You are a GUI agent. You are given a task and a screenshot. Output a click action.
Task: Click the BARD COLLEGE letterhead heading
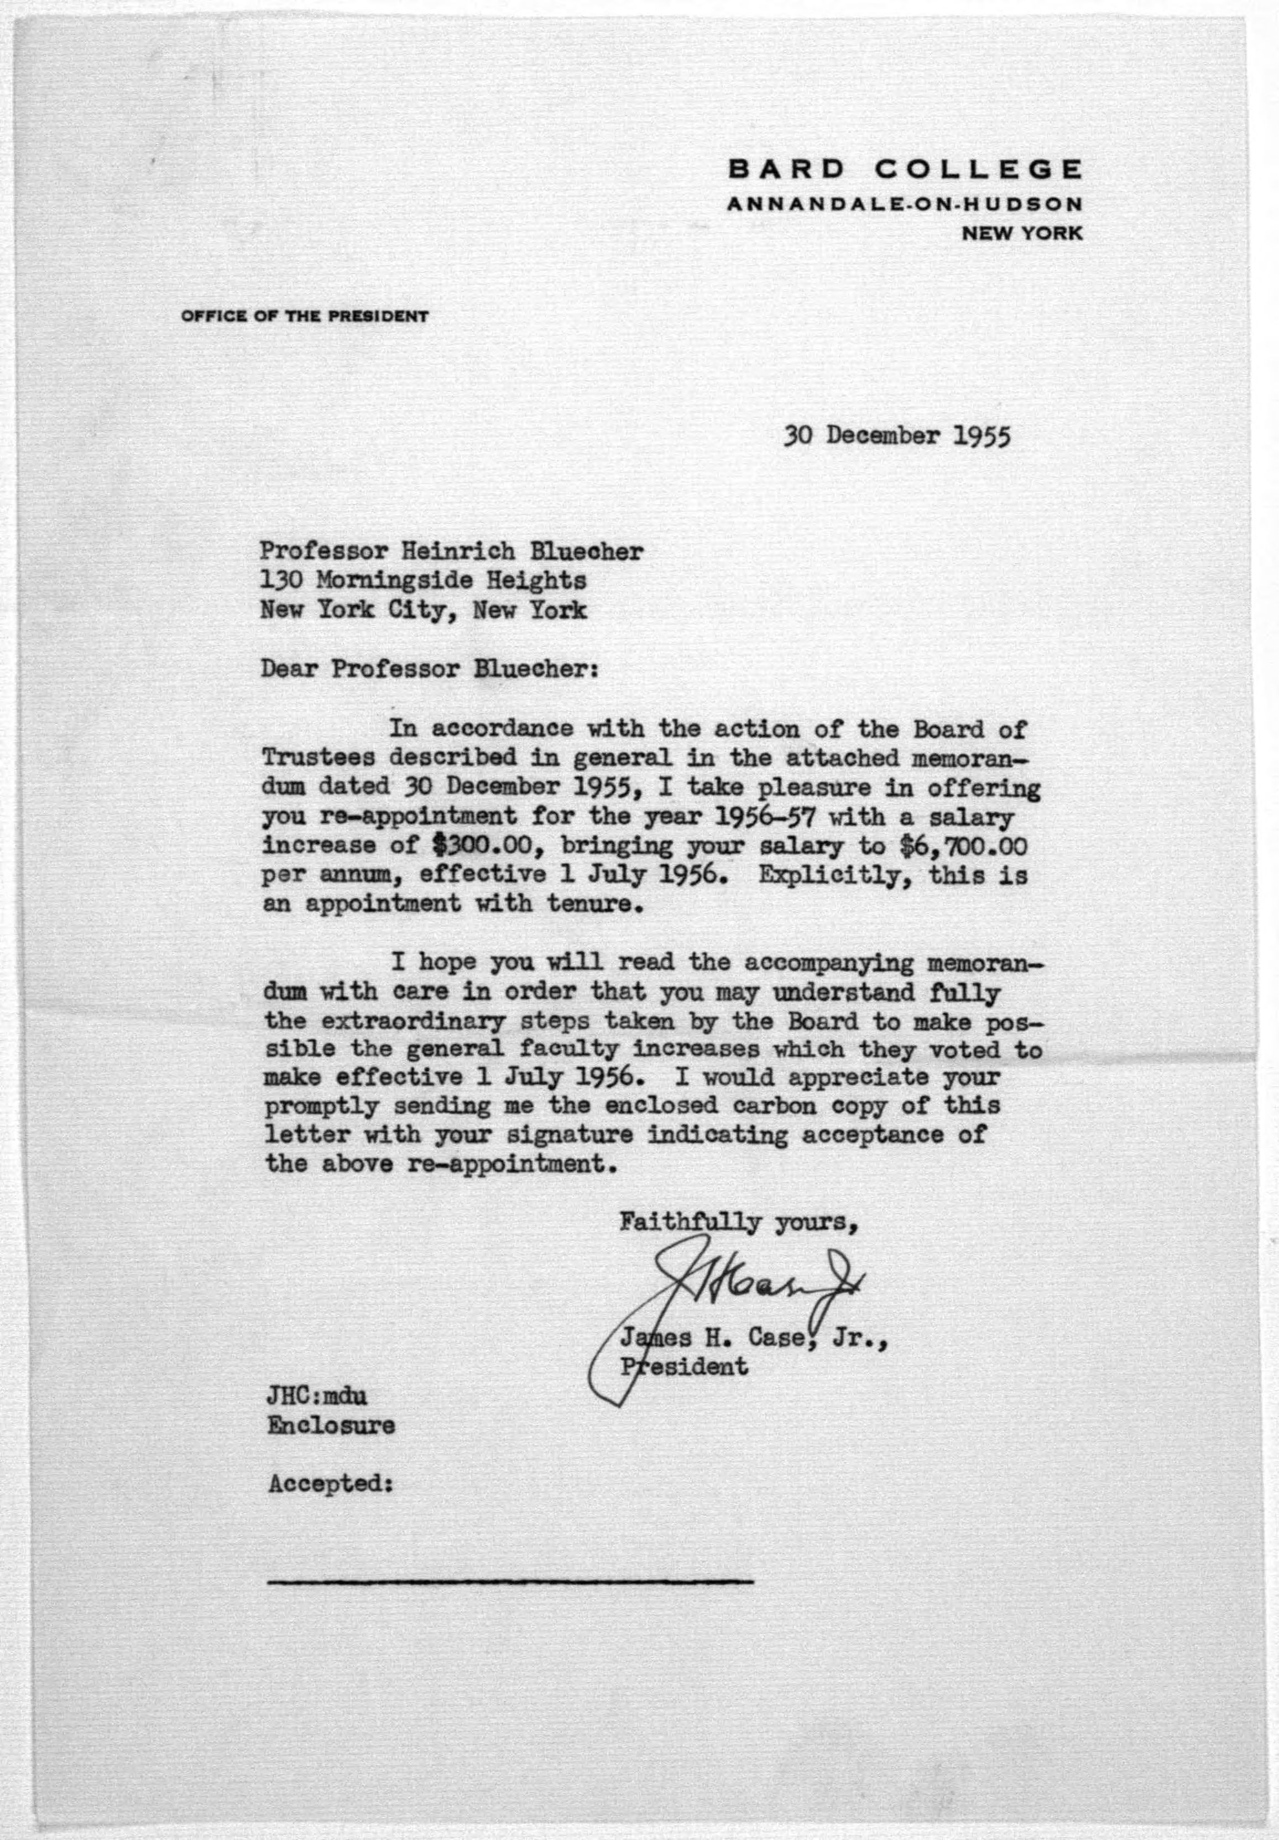click(905, 170)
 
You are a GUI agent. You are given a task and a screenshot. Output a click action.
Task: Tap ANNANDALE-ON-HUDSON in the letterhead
click(904, 205)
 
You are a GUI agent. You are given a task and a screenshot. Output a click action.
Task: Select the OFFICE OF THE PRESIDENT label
click(305, 316)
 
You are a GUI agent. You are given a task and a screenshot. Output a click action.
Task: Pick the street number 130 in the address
click(279, 580)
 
